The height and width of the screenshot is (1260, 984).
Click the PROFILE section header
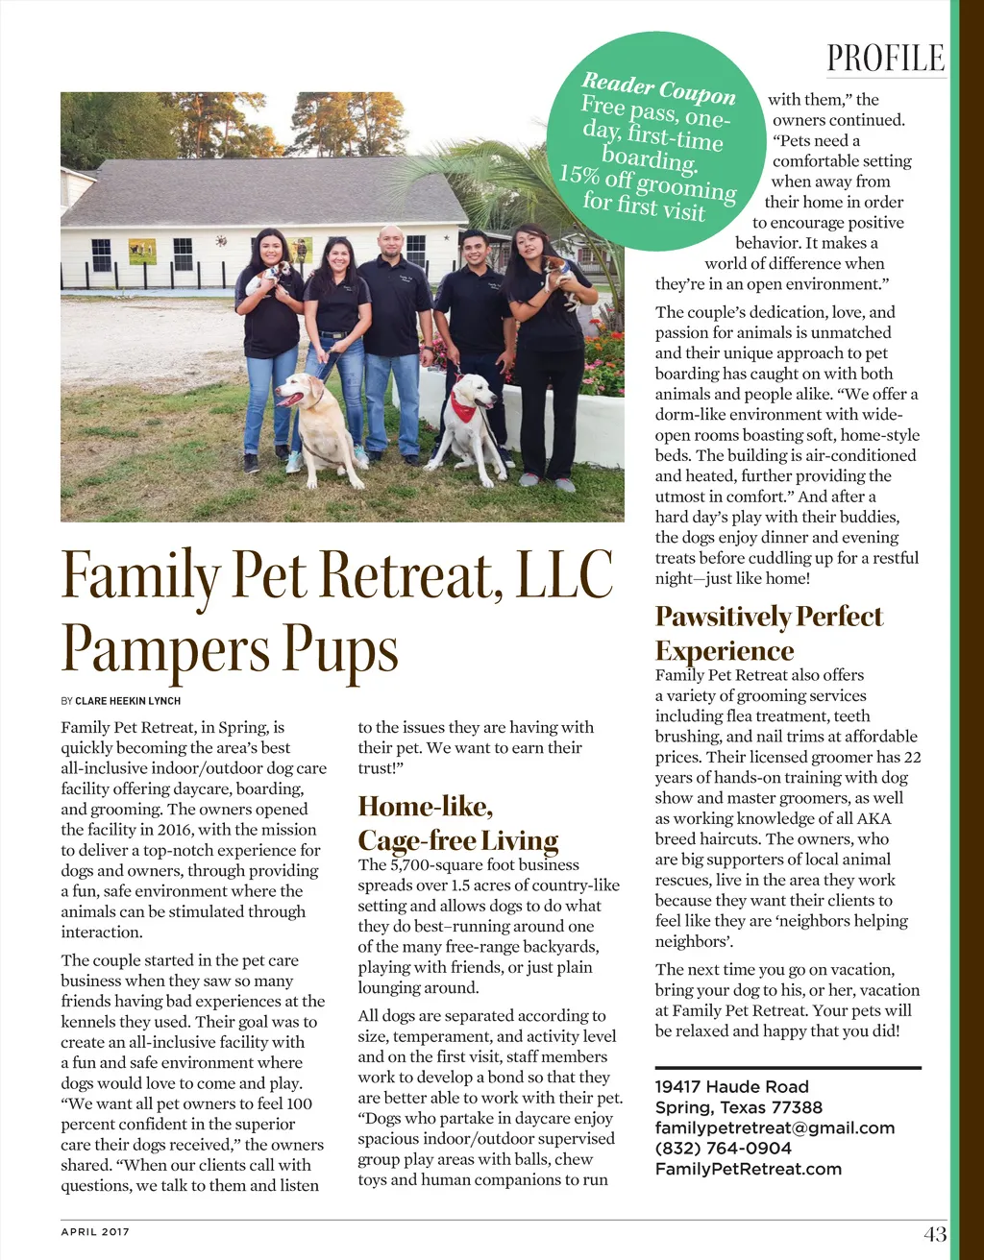coord(885,59)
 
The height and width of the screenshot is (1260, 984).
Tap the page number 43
coord(934,1234)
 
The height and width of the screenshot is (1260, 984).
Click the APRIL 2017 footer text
coord(95,1232)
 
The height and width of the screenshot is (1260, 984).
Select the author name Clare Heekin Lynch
coord(128,701)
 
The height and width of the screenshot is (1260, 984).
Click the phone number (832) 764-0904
coord(723,1149)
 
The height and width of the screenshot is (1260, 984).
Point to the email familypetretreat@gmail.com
coord(775,1128)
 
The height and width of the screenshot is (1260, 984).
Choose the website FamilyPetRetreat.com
coord(748,1169)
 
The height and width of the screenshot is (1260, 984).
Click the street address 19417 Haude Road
coord(732,1087)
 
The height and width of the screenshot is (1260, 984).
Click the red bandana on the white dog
coord(463,407)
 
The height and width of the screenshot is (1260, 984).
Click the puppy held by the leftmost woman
coord(267,277)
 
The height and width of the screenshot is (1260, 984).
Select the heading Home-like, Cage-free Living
coord(457,823)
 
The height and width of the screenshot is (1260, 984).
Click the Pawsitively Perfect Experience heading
coord(769,633)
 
